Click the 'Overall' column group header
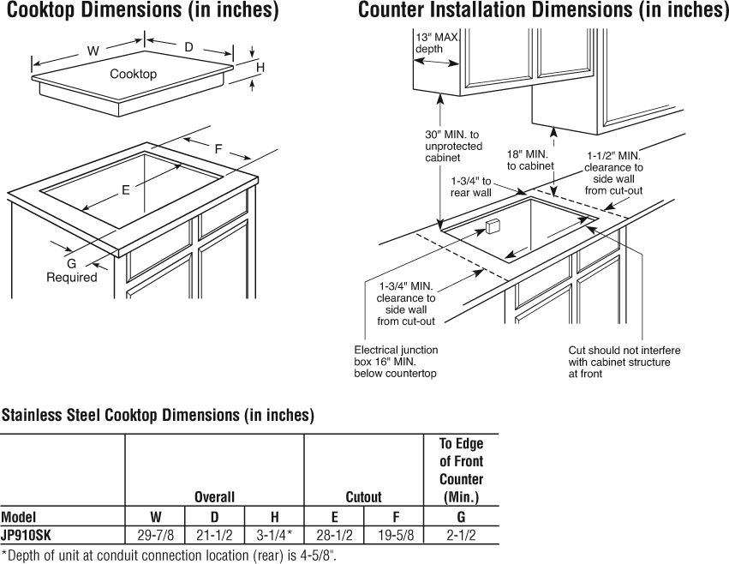[214, 496]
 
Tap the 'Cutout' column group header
[363, 496]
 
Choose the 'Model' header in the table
[18, 517]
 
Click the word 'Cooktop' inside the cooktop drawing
[133, 74]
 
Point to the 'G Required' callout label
[72, 271]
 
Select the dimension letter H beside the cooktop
[260, 67]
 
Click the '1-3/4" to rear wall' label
[471, 187]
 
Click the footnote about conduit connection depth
[169, 555]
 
